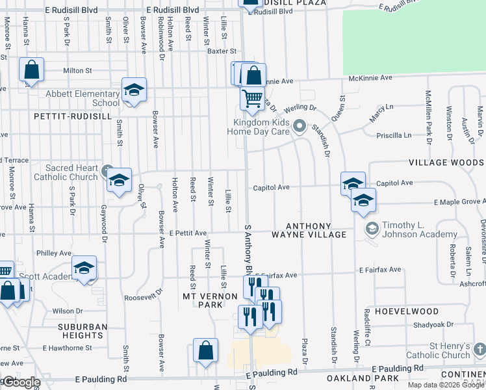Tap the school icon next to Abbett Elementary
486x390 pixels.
[x=134, y=91]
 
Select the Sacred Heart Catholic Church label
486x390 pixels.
[x=66, y=172]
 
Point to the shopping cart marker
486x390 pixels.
[x=251, y=98]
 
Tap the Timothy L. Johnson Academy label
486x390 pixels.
[x=420, y=230]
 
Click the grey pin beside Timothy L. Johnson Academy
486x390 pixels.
[x=372, y=227]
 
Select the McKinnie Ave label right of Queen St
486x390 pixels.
[x=370, y=78]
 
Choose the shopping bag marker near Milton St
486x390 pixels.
[x=31, y=70]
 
